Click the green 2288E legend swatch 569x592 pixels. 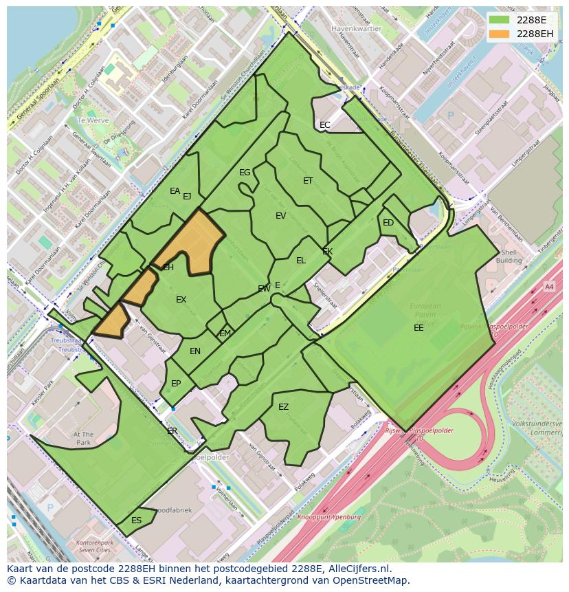click(500, 19)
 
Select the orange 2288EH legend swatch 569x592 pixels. click(500, 34)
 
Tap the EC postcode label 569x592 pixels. click(325, 125)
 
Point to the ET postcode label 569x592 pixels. click(308, 181)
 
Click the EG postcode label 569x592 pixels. click(245, 173)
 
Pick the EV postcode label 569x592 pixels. click(280, 216)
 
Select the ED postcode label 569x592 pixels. click(388, 223)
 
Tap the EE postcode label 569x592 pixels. click(419, 328)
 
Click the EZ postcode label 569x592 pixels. click(283, 407)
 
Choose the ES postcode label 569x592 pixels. click(136, 520)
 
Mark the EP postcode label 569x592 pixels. click(176, 384)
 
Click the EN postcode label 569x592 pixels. click(195, 351)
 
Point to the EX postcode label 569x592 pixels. click(181, 300)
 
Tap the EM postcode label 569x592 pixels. click(225, 333)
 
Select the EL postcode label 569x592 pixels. click(301, 261)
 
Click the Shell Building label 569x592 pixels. click(509, 256)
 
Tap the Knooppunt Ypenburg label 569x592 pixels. click(329, 516)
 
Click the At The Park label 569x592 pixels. click(83, 439)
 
